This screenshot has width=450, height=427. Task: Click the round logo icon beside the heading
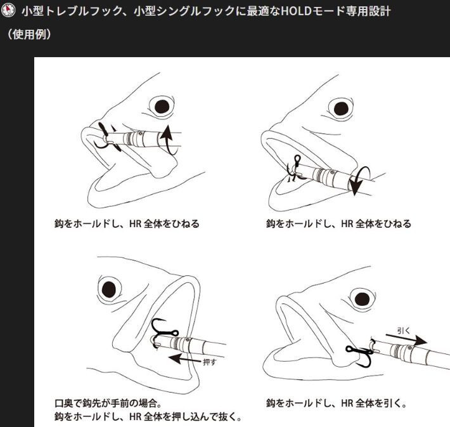[8, 10]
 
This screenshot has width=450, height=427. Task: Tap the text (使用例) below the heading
[29, 34]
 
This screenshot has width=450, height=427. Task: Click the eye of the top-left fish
[162, 107]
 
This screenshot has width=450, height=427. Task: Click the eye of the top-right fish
[341, 108]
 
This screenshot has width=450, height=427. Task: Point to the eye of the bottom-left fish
[109, 289]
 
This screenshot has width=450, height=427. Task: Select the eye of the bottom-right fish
[362, 299]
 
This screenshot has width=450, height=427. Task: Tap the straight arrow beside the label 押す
[184, 359]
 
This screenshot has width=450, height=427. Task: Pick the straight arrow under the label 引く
[406, 339]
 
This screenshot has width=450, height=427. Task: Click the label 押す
[209, 362]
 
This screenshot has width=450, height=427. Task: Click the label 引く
[404, 331]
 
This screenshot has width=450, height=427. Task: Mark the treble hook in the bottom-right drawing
[360, 354]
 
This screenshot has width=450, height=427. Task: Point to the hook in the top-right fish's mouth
[295, 169]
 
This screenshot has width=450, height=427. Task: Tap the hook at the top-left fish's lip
[106, 136]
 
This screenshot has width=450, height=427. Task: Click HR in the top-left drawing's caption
[135, 223]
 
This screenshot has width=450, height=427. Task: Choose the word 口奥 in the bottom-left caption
[64, 403]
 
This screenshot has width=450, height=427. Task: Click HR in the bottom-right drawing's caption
[347, 404]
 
